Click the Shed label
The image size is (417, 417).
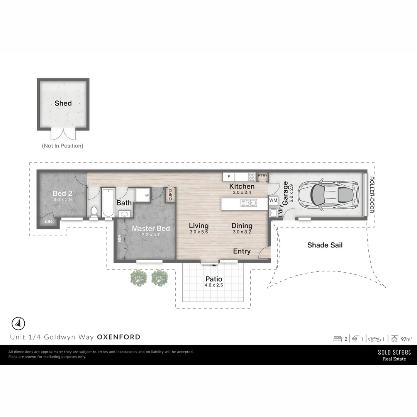pyautogui.click(x=63, y=103)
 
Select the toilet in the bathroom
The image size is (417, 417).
pyautogui.click(x=93, y=212)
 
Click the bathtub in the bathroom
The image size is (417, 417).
pyautogui.click(x=108, y=202)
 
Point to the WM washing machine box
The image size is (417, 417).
pyautogui.click(x=273, y=200)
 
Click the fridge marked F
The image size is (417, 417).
pyautogui.click(x=229, y=177)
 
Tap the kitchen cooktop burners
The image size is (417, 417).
pyautogui.click(x=252, y=177)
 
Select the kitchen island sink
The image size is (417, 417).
pyautogui.click(x=248, y=203)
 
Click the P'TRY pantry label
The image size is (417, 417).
pyautogui.click(x=263, y=176)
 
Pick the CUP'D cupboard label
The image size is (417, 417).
pyautogui.click(x=170, y=195)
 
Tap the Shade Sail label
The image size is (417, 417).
pyautogui.click(x=325, y=245)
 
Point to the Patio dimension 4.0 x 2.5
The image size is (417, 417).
pyautogui.click(x=214, y=285)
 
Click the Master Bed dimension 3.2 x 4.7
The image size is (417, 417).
pyautogui.click(x=151, y=234)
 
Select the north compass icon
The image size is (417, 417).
pyautogui.click(x=18, y=323)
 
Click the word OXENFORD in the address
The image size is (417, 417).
pyautogui.click(x=119, y=337)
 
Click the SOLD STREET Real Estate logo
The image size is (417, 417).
pyautogui.click(x=394, y=355)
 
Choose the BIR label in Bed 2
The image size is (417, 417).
pyautogui.click(x=48, y=222)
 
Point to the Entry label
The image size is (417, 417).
pyautogui.click(x=242, y=251)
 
